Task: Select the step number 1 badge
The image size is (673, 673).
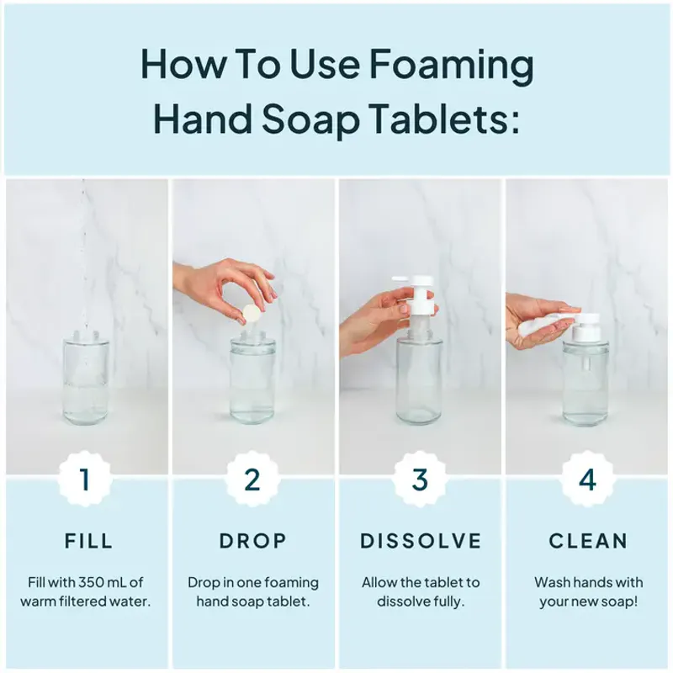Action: coord(84,480)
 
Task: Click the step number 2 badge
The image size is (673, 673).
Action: coord(252,480)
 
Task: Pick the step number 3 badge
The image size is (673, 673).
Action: coord(420,480)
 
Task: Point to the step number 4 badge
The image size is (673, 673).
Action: coord(587,480)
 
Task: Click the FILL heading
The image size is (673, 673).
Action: coord(88,541)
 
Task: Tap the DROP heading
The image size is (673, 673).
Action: coord(253,541)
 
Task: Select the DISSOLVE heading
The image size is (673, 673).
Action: coord(421,541)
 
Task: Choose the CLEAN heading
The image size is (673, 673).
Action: coord(588,541)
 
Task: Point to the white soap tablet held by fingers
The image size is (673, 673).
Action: coord(251,313)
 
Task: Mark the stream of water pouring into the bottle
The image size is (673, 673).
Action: coord(84,252)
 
